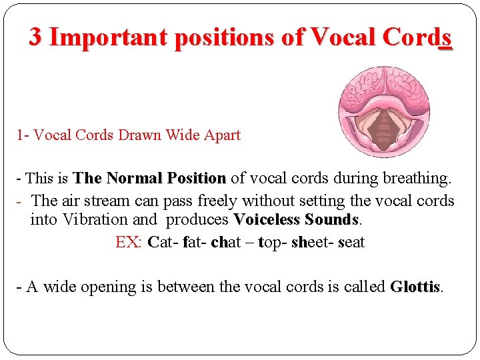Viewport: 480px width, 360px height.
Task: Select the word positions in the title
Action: [225, 38]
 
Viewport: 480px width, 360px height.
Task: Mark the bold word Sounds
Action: [331, 219]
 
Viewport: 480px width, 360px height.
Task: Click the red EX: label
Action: [129, 242]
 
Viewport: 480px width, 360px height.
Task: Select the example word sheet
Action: [311, 242]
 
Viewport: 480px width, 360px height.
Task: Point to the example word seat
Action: [351, 242]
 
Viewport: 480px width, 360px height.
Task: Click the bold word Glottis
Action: [415, 287]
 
